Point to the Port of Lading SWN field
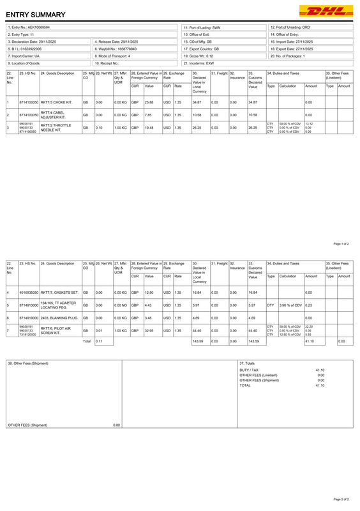tap(202, 27)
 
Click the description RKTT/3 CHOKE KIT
tap(56, 102)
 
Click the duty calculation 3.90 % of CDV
tap(290, 305)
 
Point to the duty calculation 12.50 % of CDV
tap(290, 335)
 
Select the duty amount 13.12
tap(309, 123)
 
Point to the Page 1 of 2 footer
tap(341, 244)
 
